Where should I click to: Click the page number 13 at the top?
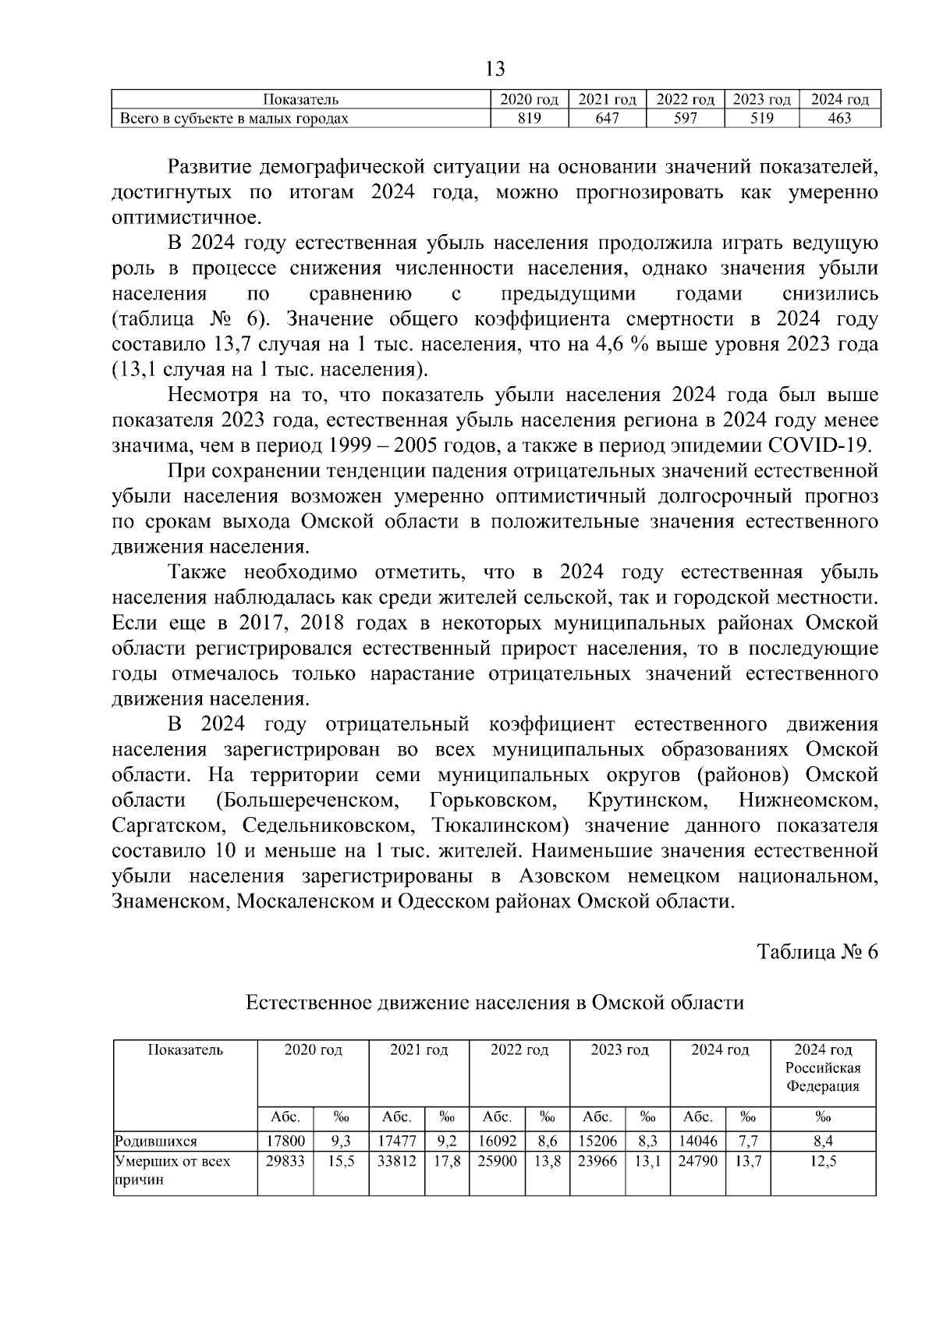[x=495, y=69]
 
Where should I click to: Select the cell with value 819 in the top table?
[x=529, y=119]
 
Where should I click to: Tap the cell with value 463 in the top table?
[x=839, y=119]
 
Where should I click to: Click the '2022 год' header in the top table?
[x=686, y=100]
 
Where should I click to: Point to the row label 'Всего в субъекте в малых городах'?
[x=234, y=119]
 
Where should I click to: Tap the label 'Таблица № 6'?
[x=818, y=952]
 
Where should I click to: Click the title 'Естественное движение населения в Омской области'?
[x=495, y=1003]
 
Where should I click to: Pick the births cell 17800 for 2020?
[x=285, y=1142]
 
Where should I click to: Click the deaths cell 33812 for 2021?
[x=397, y=1161]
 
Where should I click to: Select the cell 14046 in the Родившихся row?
[x=697, y=1142]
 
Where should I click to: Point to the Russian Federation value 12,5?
[x=823, y=1161]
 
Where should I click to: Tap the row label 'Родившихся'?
[x=156, y=1142]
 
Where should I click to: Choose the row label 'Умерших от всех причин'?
[x=172, y=1170]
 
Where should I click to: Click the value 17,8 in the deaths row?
[x=447, y=1161]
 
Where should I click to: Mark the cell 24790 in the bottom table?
[x=697, y=1161]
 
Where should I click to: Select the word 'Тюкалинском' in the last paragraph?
[x=496, y=826]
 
